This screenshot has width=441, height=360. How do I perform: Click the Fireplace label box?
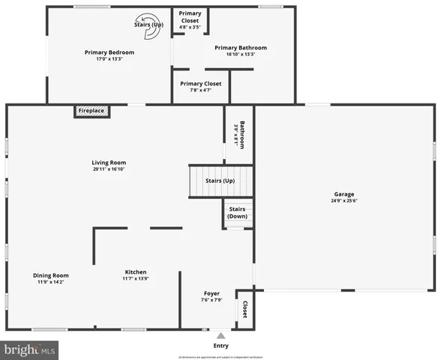click(91, 111)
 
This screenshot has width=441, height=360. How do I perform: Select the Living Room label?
click(109, 163)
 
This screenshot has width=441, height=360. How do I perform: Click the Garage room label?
click(344, 194)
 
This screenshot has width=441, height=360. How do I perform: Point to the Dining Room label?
click(51, 275)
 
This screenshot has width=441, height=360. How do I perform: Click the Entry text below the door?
click(220, 346)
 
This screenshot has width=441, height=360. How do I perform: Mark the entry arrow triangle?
click(220, 334)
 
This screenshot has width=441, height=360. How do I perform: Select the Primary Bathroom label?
click(240, 48)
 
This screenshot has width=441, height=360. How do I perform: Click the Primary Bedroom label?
click(109, 52)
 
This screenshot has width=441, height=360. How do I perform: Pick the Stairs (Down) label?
click(237, 212)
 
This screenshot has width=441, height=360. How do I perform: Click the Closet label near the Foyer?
click(244, 308)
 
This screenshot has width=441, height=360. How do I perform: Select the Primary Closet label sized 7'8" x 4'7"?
click(201, 83)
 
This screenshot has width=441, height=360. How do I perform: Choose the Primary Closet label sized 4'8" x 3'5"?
click(190, 16)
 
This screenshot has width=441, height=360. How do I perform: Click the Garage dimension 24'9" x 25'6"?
click(344, 201)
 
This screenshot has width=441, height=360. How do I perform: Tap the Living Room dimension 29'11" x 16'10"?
click(109, 169)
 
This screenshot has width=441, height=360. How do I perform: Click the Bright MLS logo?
click(30, 349)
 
